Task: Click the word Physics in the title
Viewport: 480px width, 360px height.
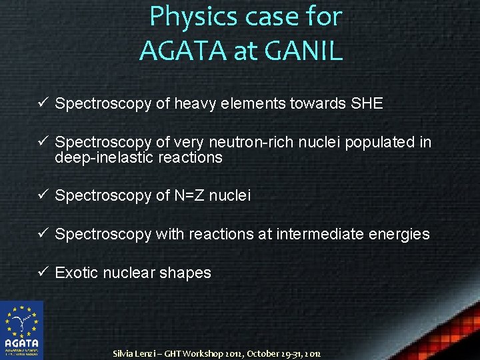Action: [x=193, y=17]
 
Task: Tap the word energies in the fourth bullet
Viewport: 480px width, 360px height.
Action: [x=401, y=234]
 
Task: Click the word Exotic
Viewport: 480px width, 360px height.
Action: [x=77, y=273]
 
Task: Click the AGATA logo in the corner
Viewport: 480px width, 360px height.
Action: [x=21, y=330]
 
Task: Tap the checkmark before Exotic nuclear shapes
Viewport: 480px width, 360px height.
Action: [x=43, y=273]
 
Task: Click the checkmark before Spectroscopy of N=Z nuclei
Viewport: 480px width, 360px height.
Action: [x=43, y=195]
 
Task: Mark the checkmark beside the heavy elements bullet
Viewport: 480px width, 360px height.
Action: [x=43, y=103]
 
